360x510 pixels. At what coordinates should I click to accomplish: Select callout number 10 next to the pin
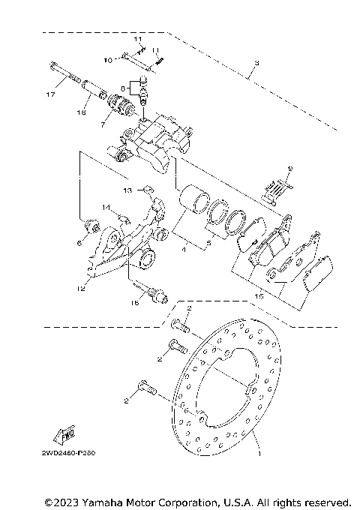click(108, 58)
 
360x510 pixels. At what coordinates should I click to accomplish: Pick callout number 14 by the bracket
click(106, 208)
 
